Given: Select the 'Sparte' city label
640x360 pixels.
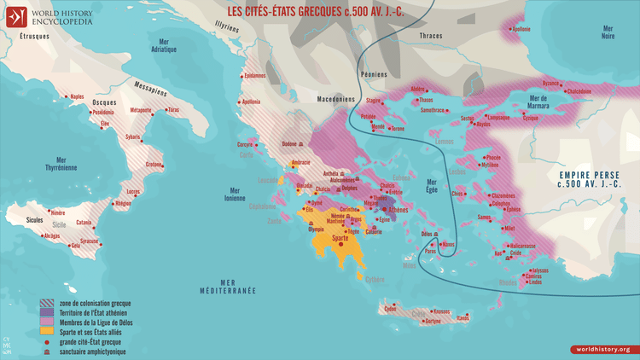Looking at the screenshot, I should click(346, 237).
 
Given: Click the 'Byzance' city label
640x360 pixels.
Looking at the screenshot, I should click(551, 83).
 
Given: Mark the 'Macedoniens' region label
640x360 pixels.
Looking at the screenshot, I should click(336, 99).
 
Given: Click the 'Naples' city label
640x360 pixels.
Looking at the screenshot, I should click(77, 96).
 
